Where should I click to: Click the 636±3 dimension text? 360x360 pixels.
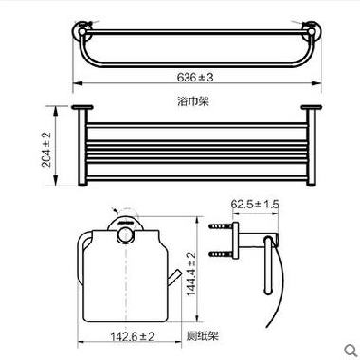[x=195, y=77]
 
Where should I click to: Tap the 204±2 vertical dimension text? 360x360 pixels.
[x=46, y=150]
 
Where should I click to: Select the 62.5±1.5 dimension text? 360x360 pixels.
[x=255, y=204]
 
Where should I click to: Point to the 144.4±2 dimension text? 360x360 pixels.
[x=191, y=274]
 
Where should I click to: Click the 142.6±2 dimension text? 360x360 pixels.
[x=133, y=336]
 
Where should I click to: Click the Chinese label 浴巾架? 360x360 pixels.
[x=193, y=101]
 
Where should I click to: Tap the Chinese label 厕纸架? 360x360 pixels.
[x=203, y=335]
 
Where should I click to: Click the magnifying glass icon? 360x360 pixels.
[x=351, y=350]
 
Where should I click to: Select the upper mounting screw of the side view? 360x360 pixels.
[x=220, y=226]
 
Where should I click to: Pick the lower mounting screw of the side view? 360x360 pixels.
[x=220, y=254]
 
